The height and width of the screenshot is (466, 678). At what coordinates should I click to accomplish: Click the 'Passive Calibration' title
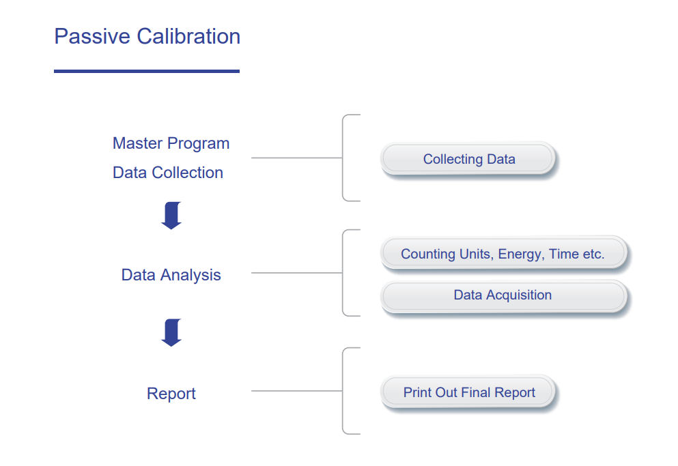point(147,36)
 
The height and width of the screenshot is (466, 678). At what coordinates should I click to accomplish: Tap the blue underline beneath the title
point(147,72)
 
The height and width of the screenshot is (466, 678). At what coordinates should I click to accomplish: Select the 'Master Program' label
point(171,143)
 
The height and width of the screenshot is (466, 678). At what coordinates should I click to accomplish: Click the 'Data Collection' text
point(168,173)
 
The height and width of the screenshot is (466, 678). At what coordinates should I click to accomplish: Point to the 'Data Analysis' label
point(171,275)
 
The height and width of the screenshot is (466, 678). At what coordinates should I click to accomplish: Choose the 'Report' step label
point(171,394)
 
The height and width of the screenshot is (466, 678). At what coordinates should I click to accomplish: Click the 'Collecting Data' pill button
point(468,159)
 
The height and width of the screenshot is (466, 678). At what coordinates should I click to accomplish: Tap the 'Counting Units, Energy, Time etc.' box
point(503,253)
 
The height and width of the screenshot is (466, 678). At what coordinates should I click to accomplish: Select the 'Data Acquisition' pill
point(503,295)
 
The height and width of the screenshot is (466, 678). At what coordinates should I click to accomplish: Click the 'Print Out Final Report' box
point(468,392)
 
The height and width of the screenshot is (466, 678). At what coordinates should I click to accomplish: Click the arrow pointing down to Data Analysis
point(171,216)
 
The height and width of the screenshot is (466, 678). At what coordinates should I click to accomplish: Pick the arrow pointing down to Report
point(171,332)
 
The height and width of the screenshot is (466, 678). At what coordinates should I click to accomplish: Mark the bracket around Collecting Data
point(343,158)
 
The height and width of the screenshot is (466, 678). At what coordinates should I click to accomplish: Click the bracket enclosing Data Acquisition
point(343,273)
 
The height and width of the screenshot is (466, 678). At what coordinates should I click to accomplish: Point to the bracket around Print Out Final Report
point(343,391)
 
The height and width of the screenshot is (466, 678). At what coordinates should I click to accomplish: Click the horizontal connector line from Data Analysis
point(296,273)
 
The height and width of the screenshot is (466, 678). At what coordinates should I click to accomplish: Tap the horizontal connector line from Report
point(296,391)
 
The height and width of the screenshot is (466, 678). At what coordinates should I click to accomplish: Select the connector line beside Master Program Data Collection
point(296,158)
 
